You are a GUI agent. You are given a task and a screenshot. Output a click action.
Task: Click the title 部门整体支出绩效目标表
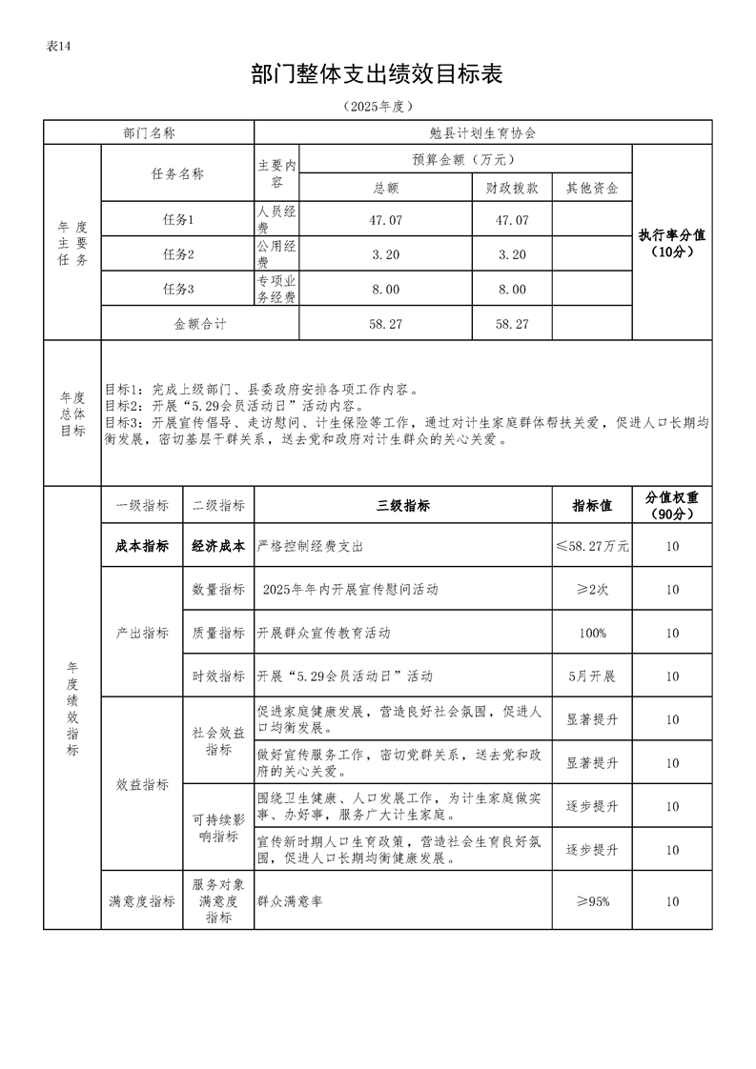click(377, 75)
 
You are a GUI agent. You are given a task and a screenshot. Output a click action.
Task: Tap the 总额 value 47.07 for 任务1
click(385, 220)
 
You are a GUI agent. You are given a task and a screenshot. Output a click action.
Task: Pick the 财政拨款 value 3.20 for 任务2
click(512, 254)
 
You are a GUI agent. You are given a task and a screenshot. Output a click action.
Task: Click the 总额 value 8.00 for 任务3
click(385, 290)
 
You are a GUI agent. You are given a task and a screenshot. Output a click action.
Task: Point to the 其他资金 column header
click(592, 188)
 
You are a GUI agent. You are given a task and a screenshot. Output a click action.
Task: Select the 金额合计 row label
click(200, 324)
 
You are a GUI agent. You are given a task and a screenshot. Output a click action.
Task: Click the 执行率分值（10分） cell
click(672, 243)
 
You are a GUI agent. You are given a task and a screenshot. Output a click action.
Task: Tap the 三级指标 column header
click(403, 506)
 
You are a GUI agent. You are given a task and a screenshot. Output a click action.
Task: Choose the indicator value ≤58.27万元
click(592, 547)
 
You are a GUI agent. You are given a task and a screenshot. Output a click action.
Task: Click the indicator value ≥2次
click(592, 590)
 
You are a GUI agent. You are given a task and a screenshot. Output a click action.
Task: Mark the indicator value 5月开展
click(592, 676)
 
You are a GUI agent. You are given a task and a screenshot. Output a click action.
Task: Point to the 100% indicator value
click(592, 634)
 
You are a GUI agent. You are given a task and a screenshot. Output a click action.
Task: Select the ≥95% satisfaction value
click(592, 901)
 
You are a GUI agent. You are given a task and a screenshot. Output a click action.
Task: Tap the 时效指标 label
click(218, 676)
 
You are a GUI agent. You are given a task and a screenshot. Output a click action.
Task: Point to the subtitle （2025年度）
click(377, 106)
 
